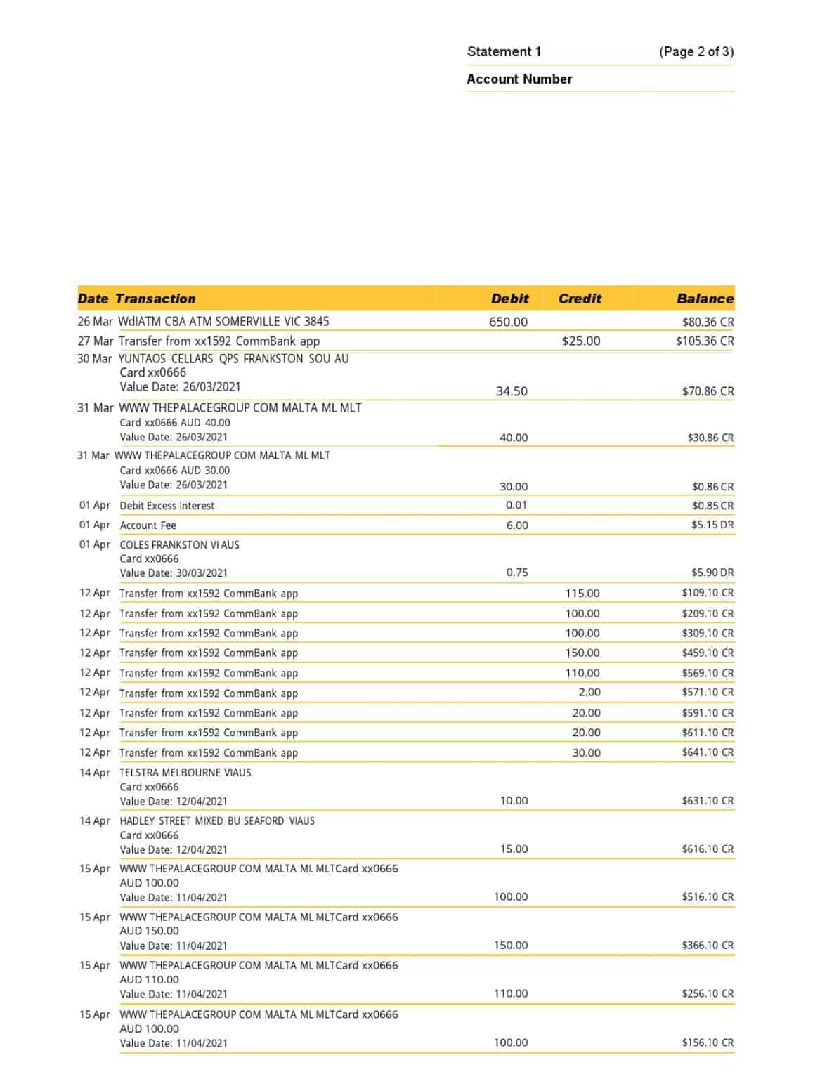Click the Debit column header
coord(509,299)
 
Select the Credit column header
coord(580,299)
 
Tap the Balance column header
coord(704,299)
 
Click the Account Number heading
coord(519,79)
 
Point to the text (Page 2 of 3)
coord(696,51)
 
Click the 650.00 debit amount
coord(508,322)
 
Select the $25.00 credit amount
coord(581,341)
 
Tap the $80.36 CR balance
coord(708,322)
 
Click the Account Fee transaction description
coord(148,525)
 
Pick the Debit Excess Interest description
coord(167,506)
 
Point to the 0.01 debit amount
coord(516,505)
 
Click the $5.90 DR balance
coord(712,573)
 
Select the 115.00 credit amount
coord(582,594)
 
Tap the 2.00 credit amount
coord(589,693)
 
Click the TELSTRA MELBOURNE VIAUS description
coord(185,773)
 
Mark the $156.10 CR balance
coord(707,1043)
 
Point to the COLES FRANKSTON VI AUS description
coord(180,545)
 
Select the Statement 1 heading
coord(504,51)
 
